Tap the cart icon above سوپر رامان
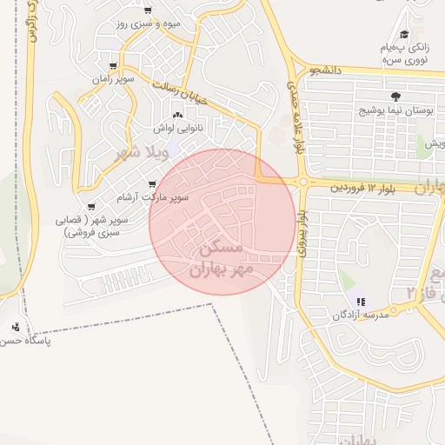pyautogui.click(x=113, y=66)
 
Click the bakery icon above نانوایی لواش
pyautogui.click(x=178, y=114)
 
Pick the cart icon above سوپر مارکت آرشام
pyautogui.click(x=154, y=184)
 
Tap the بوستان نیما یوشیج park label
pyautogui.click(x=390, y=111)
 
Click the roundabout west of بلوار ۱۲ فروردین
pyautogui.click(x=303, y=182)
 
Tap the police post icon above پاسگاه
pyautogui.click(x=17, y=328)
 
